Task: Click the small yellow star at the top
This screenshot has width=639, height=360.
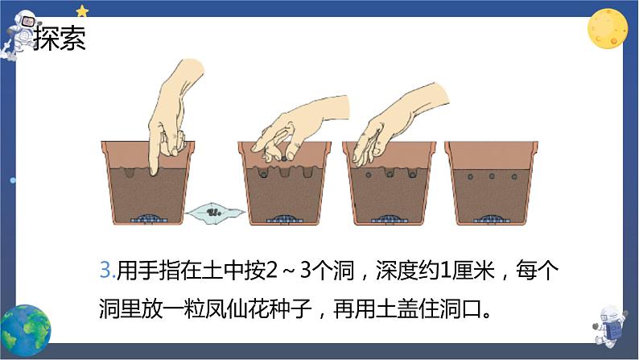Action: coord(82,10)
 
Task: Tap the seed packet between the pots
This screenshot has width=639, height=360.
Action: coord(214,213)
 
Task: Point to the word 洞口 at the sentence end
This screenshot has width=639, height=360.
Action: coord(465,308)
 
